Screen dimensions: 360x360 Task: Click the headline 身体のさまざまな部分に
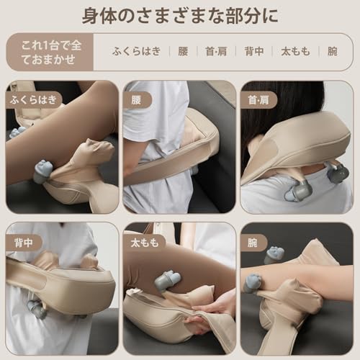point(180,16)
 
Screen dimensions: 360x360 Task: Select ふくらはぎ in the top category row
point(136,51)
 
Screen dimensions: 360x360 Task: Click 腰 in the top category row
point(183,51)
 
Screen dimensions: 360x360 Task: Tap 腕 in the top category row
point(332,51)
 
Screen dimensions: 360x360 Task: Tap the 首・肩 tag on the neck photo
point(256,99)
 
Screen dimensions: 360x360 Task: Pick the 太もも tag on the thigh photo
point(143,243)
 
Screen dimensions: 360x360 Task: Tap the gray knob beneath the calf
point(43,171)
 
